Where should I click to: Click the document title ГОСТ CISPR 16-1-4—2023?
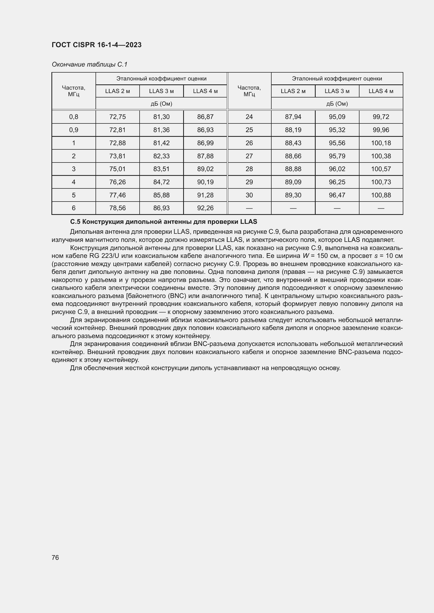point(97,45)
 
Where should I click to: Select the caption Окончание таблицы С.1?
point(89,64)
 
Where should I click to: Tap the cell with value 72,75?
point(117,117)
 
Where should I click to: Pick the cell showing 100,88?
point(381,195)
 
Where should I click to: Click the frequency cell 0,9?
point(73,130)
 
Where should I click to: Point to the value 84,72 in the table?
point(161,182)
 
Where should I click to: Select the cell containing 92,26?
point(205,208)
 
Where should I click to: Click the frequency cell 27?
point(249,156)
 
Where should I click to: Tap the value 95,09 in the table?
point(337,117)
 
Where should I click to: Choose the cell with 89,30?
point(293,195)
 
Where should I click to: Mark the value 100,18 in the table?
point(381,143)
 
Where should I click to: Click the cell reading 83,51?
point(161,169)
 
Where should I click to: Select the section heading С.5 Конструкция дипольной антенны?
point(163,222)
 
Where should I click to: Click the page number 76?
point(55,557)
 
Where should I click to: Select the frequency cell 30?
point(249,195)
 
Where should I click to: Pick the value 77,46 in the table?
point(117,195)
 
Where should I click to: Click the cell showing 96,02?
point(337,169)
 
